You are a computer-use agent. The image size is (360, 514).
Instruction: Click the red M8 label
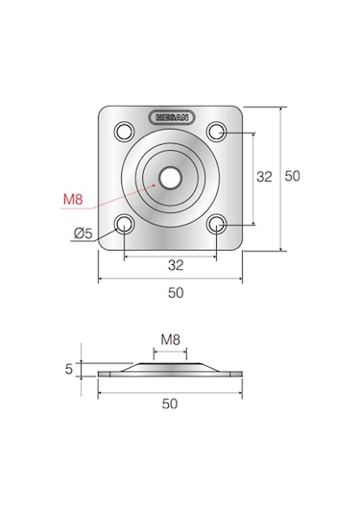73,199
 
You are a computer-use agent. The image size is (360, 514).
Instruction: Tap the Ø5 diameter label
84,233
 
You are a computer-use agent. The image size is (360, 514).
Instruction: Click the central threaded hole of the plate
170,178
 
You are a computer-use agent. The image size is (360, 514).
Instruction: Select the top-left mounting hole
125,132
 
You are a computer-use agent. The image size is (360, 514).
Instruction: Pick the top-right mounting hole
217,132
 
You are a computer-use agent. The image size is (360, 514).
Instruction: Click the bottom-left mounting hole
125,224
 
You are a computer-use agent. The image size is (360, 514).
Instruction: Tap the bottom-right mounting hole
217,224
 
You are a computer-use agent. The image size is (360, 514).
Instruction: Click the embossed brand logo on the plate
172,117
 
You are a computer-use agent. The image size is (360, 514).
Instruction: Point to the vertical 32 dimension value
264,177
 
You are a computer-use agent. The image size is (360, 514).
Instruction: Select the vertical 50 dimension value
292,176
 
